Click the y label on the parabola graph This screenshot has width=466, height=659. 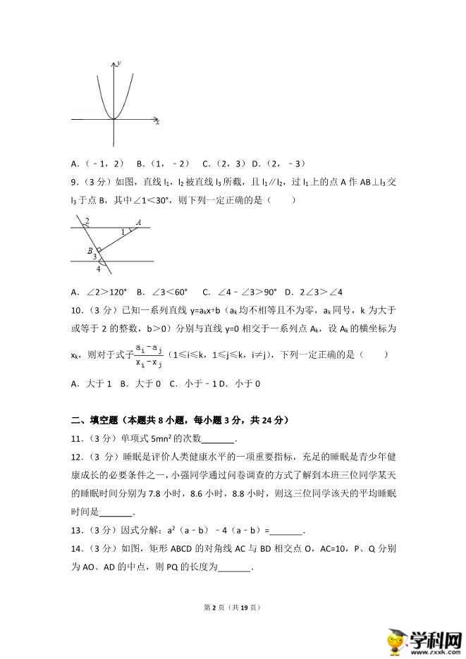(119, 63)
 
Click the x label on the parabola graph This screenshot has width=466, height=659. (157, 123)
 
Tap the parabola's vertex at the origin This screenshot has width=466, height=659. (114, 119)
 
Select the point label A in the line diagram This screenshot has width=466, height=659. (139, 223)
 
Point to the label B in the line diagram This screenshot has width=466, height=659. (90, 250)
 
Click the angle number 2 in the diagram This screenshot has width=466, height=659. (87, 222)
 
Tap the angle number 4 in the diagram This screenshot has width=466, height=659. (98, 269)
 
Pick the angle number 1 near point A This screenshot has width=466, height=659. (123, 231)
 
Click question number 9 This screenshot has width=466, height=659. (74, 183)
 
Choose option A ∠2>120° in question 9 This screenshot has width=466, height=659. (97, 292)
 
